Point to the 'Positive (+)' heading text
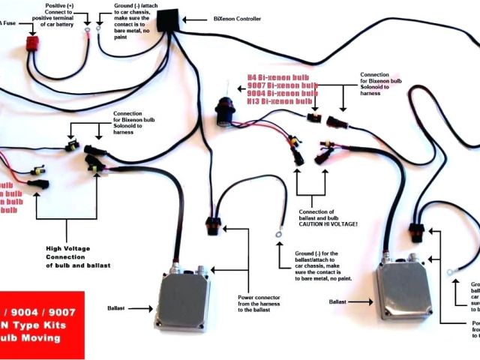click(x=59, y=6)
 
